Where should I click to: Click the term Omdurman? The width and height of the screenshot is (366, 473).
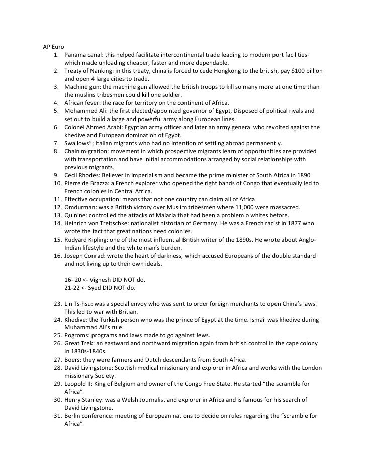[80, 207]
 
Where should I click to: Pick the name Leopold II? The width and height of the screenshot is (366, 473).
[80, 384]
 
